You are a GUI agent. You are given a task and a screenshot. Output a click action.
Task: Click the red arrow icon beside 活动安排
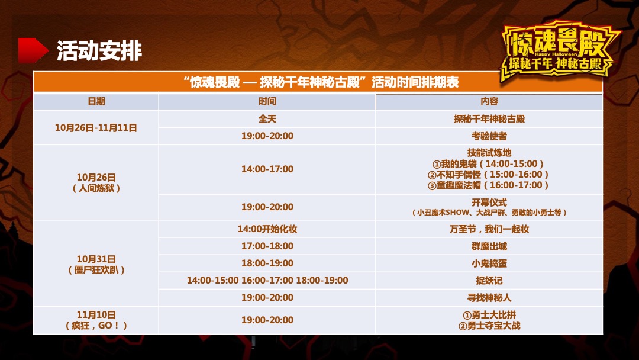(33, 50)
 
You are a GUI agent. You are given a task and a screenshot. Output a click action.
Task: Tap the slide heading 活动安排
(99, 51)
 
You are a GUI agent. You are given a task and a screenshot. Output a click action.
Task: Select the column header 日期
(96, 101)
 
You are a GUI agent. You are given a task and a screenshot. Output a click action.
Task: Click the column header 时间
(267, 101)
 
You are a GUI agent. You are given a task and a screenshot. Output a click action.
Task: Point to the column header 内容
(489, 101)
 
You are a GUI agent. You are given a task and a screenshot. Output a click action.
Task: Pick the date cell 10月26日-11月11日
(96, 127)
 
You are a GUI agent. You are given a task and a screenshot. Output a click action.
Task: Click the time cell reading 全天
(267, 119)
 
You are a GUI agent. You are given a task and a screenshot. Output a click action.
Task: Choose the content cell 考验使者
(489, 136)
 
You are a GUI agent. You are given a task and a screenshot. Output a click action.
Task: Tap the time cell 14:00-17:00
(267, 169)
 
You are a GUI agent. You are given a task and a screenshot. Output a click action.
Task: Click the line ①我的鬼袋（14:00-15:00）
(489, 163)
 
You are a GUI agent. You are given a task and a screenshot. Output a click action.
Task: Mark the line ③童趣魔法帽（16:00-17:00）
(489, 185)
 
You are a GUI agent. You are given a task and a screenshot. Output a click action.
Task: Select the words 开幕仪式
(489, 202)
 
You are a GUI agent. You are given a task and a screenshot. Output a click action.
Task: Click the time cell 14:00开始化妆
(267, 229)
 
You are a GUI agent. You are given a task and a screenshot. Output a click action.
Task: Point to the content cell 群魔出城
(489, 246)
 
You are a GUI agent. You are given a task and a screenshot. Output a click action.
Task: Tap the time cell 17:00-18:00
(267, 246)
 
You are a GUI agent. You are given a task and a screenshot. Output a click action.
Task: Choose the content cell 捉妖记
(489, 281)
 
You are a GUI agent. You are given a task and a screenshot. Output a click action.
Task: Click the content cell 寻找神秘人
(489, 298)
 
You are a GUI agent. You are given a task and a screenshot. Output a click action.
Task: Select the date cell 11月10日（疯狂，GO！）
(96, 320)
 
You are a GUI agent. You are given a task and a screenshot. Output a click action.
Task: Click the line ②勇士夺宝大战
(489, 326)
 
